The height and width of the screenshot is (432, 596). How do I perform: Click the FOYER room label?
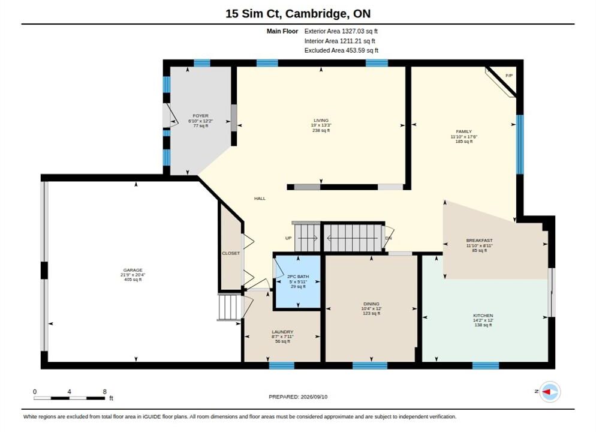pos(200,116)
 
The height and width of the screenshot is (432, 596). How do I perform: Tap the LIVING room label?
pos(321,120)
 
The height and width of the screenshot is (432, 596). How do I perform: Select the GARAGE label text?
pos(133,270)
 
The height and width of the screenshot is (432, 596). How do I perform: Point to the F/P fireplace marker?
pos(509,76)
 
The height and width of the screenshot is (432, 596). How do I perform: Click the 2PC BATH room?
pos(298,281)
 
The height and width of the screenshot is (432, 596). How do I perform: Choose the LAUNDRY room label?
pos(282,332)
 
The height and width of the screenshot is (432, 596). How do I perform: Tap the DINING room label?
pos(371,304)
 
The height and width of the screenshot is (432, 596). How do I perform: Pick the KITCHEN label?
pos(483,316)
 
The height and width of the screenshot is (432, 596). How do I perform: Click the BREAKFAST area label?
pos(479,241)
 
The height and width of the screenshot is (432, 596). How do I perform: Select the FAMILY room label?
pos(463,131)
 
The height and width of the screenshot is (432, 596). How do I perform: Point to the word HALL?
pos(260,199)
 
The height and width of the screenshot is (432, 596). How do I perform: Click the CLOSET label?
pos(231,253)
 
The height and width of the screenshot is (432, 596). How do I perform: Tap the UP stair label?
pos(288,238)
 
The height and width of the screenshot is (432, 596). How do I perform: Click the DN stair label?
pos(389,238)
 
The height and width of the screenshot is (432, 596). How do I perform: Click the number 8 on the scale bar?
pos(104,391)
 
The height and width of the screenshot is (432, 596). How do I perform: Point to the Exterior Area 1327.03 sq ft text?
pos(341,31)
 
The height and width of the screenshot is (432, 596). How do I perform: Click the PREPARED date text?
pos(298,397)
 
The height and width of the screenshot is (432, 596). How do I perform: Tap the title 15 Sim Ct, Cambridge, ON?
pos(298,14)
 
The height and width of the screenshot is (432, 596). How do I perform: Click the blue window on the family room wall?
pos(520,145)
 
